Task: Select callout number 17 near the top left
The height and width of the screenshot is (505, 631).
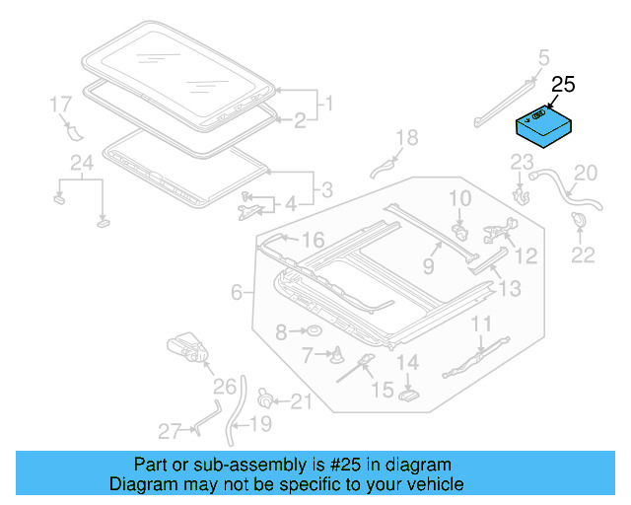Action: (60, 104)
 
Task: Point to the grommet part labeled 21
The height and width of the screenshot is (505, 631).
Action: (265, 398)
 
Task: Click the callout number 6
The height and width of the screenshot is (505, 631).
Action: (237, 292)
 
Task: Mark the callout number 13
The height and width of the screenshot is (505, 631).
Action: (509, 289)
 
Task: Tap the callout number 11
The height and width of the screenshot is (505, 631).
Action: (480, 325)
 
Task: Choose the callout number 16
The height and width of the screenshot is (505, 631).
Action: (312, 240)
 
